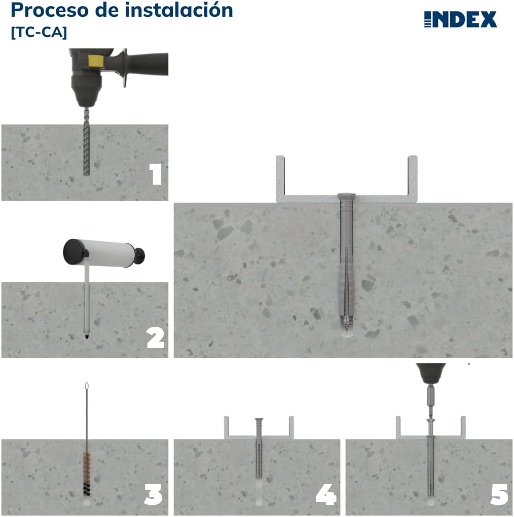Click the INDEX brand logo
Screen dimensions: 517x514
(460, 19)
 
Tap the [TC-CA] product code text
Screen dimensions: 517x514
(39, 31)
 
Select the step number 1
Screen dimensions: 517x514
(156, 174)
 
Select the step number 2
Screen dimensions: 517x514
(156, 338)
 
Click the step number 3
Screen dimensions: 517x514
(153, 495)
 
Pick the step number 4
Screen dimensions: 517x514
(326, 495)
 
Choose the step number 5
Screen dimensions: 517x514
(499, 495)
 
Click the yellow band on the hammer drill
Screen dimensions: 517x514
(93, 61)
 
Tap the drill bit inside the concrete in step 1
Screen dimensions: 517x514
(86, 150)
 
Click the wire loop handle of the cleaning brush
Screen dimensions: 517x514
(86, 387)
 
